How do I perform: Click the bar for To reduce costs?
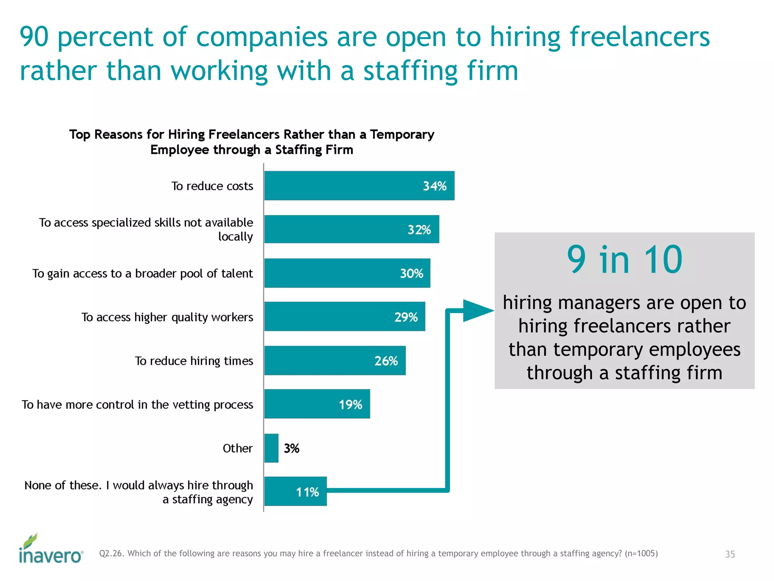pos(359,185)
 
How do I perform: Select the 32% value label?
pos(419,230)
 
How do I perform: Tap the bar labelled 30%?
pos(347,273)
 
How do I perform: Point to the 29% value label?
pos(406,317)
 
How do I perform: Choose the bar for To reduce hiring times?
pos(335,360)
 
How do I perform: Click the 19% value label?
pos(350,404)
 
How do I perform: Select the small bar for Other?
pos(271,448)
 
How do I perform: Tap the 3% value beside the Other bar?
pos(291,448)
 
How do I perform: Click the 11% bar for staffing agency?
pos(295,491)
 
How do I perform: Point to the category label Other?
pos(237,448)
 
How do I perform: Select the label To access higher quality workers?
pos(167,317)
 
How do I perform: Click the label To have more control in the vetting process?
pos(137,404)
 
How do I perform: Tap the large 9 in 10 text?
pos(624,259)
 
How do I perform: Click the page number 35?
pos(730,554)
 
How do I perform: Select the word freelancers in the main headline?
pos(639,37)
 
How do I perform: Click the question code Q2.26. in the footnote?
pos(111,553)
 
